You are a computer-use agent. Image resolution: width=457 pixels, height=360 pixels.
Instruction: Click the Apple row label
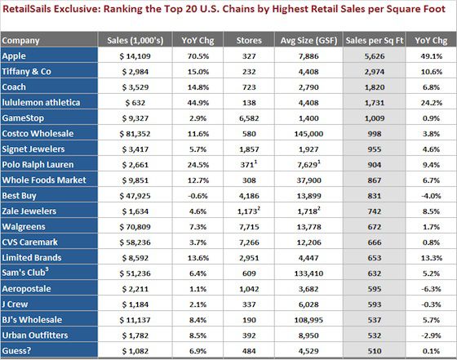14,56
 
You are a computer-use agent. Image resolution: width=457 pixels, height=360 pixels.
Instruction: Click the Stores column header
248,40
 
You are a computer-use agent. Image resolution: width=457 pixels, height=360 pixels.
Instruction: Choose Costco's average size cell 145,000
307,133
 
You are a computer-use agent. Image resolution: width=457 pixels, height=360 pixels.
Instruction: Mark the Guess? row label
17,351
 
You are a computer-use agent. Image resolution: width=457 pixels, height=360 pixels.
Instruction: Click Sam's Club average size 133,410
307,273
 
